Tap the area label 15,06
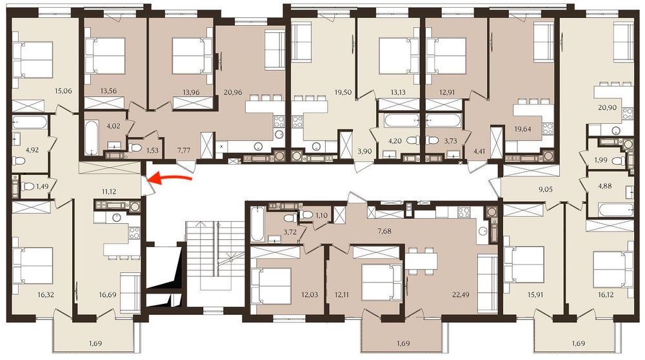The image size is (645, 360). pyautogui.click(x=63, y=90)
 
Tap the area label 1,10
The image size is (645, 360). pyautogui.click(x=322, y=215)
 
